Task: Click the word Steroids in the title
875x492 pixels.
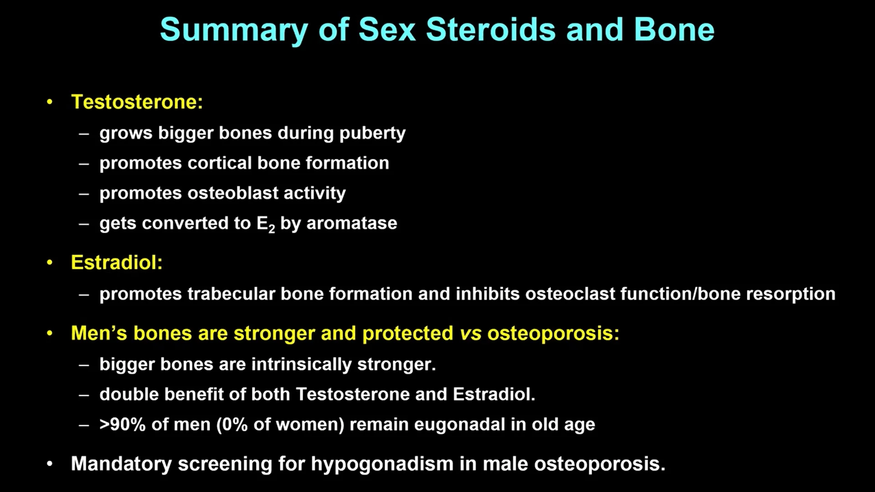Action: pyautogui.click(x=490, y=30)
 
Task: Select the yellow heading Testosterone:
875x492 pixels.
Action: pyautogui.click(x=137, y=102)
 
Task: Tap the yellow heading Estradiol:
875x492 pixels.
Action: pyautogui.click(x=117, y=262)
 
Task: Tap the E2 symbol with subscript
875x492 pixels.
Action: pyautogui.click(x=266, y=224)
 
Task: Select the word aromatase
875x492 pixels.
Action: pyautogui.click(x=351, y=223)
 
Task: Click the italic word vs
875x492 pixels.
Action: pyautogui.click(x=470, y=333)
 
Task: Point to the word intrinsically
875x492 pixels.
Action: pyautogui.click(x=301, y=364)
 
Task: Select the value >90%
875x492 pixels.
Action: pyautogui.click(x=123, y=425)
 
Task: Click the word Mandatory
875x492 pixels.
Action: pyautogui.click(x=121, y=464)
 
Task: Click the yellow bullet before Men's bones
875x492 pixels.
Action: pyautogui.click(x=50, y=334)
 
